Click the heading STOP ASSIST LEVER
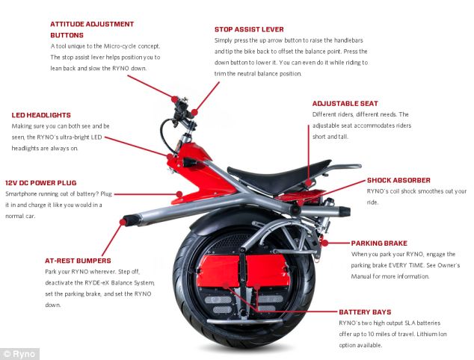[x=249, y=29]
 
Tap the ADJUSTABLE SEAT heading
[x=345, y=104]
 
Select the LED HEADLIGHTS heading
[x=41, y=115]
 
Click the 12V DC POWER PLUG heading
[x=41, y=183]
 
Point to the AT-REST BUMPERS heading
[x=78, y=261]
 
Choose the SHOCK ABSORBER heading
[x=398, y=180]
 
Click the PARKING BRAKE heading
[x=379, y=243]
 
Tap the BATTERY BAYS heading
[x=365, y=312]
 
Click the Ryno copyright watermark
[x=19, y=354]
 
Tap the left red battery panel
[x=218, y=271]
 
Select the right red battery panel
[x=268, y=271]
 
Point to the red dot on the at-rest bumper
[x=123, y=223]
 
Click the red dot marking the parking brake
[x=324, y=243]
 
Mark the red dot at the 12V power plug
[x=179, y=194]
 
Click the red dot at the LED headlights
[x=170, y=156]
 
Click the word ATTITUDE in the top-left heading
[x=67, y=24]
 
